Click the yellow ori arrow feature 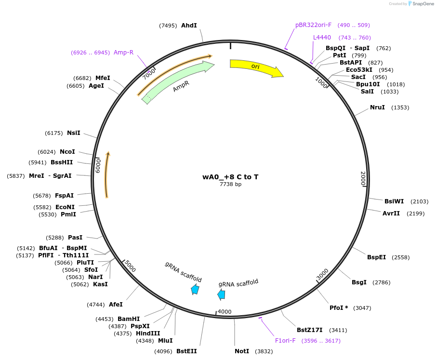(x=256, y=67)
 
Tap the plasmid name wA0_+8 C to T (x=230, y=177)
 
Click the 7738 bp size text (x=230, y=184)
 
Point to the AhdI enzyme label (x=189, y=26)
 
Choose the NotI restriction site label (x=242, y=351)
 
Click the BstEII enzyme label (x=186, y=351)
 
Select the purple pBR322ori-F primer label (x=313, y=25)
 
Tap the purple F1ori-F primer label (x=285, y=341)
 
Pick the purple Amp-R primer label (x=123, y=53)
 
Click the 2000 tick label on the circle (x=363, y=178)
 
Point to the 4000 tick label (x=225, y=312)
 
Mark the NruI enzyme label (x=377, y=107)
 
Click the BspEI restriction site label (x=376, y=257)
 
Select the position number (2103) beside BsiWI (x=419, y=201)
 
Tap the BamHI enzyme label (x=129, y=319)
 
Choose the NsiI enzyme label (x=74, y=133)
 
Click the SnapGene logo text (x=423, y=4)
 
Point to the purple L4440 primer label (x=322, y=38)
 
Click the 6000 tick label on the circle (x=98, y=166)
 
